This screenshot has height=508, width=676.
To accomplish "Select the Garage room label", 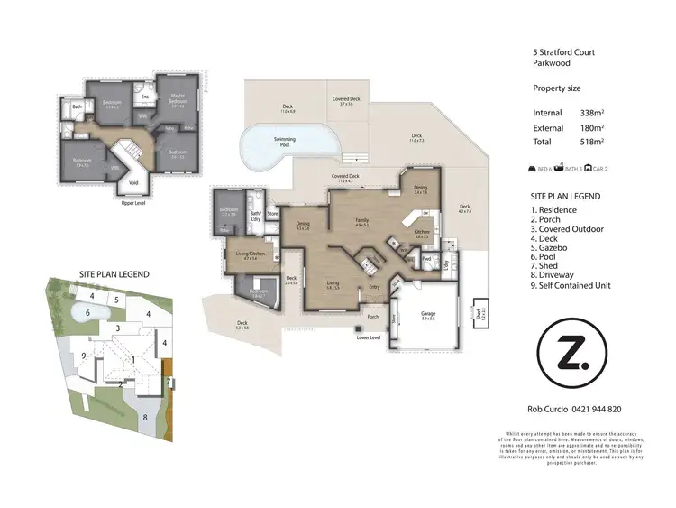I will (x=429, y=316).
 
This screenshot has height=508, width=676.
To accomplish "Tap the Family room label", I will (x=361, y=222).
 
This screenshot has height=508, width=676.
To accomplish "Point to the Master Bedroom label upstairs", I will (x=178, y=99).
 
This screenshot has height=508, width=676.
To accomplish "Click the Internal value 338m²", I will (x=591, y=113).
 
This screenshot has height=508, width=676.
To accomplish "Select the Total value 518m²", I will (x=591, y=142).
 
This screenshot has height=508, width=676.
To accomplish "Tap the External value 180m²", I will (x=591, y=127).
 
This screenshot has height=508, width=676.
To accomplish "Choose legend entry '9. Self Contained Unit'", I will (x=571, y=285).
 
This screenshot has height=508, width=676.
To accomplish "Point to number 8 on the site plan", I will (x=145, y=418).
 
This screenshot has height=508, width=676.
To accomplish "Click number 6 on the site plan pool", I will (x=88, y=312).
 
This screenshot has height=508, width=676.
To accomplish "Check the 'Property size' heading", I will (x=556, y=88).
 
